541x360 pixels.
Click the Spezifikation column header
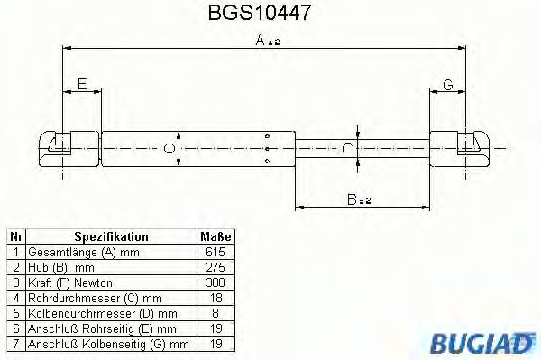(x=111, y=237)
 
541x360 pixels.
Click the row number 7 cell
(x=15, y=344)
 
